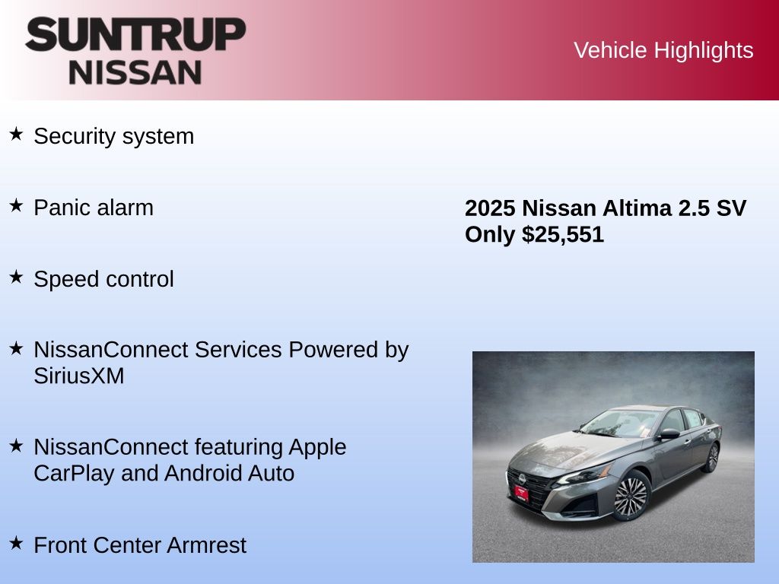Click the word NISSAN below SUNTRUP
135,72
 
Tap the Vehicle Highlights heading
663,50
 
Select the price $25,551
562,234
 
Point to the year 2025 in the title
490,208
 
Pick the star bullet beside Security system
16,134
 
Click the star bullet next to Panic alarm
16,205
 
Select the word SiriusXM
79,376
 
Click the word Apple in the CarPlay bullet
317,448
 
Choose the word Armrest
206,545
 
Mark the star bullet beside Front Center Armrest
16,543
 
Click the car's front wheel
631,495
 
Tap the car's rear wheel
712,457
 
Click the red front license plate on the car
521,493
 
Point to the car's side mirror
668,434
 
